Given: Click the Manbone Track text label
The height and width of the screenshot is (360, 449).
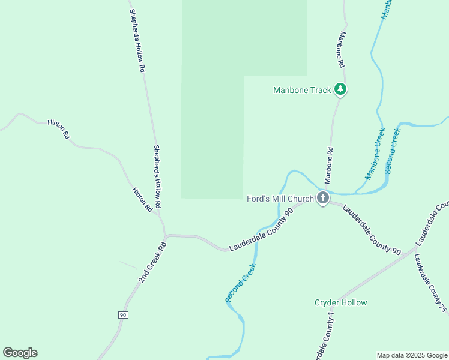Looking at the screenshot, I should (x=302, y=91).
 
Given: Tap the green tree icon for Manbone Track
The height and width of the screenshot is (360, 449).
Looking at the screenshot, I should (x=341, y=89).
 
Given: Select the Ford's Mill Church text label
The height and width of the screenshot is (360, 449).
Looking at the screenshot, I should (x=280, y=199).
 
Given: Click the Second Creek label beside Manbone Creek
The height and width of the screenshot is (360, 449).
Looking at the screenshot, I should (x=392, y=151).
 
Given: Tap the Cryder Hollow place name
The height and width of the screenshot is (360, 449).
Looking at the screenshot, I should (x=340, y=302).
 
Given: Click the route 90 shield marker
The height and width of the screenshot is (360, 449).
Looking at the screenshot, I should (x=123, y=314).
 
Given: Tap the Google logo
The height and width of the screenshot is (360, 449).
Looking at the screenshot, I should (x=20, y=353).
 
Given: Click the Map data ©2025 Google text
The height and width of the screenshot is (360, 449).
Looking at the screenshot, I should (x=412, y=355).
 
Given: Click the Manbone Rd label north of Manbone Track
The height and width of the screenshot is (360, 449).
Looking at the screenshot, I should (x=341, y=49).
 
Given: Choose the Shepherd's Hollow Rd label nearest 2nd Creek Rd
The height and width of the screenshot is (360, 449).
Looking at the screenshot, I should (x=157, y=177).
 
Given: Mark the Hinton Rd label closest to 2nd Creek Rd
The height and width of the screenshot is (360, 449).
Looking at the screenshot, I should (x=142, y=200).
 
